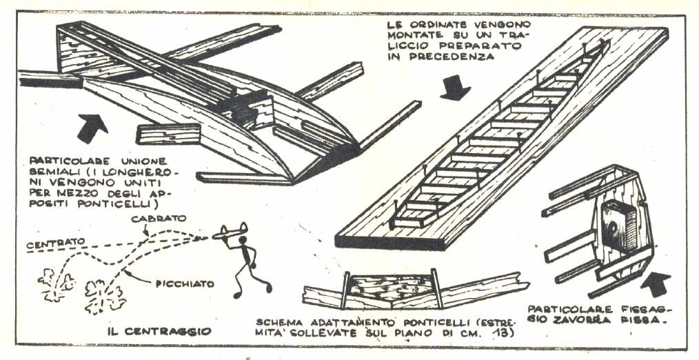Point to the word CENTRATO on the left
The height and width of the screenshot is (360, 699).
(52, 242)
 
